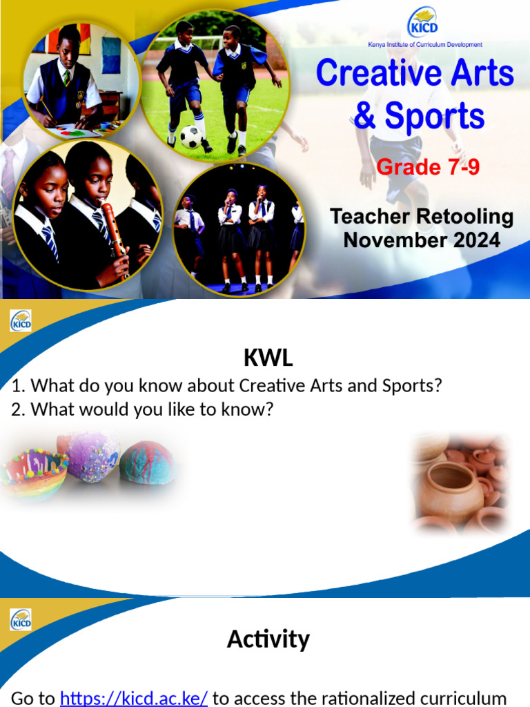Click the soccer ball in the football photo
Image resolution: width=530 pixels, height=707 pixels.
[190, 136]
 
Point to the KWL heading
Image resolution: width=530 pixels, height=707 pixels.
[268, 358]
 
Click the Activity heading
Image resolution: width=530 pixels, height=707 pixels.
[268, 639]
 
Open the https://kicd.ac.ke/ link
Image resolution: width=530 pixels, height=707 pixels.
[134, 698]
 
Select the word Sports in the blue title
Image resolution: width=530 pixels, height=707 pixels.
[435, 117]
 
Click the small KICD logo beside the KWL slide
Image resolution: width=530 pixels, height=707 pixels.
[21, 320]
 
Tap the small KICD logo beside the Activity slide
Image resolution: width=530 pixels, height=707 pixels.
[21, 619]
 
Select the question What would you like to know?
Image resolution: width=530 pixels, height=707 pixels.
[143, 409]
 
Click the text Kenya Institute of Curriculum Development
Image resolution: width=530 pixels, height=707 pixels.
[424, 45]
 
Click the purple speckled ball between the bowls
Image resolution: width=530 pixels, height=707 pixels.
[92, 456]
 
